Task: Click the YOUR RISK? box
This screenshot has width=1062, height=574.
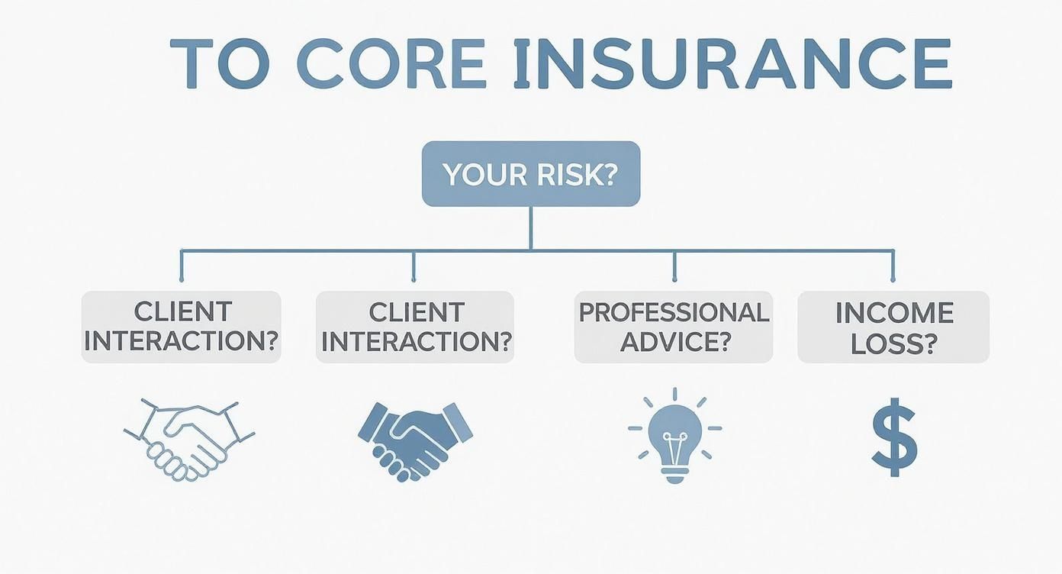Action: [x=531, y=174]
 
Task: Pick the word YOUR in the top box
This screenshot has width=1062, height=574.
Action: [x=482, y=175]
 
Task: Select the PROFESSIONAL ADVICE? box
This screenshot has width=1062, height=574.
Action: [x=674, y=327]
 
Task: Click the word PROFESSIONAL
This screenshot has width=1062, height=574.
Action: [x=674, y=313]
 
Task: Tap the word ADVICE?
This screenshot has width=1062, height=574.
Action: [x=674, y=342]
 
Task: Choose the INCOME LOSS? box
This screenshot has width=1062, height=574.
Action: [x=893, y=327]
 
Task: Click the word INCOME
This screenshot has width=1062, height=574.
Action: [x=893, y=313]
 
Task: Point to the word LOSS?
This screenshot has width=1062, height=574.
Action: [x=893, y=343]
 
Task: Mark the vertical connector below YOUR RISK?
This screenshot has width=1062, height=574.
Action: [x=531, y=227]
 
